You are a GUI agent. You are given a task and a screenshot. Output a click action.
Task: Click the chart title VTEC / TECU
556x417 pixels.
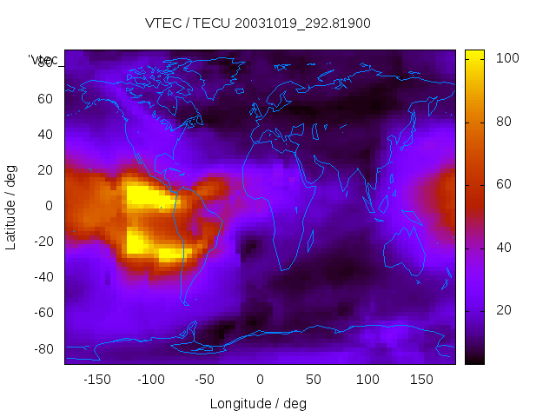[x=257, y=23]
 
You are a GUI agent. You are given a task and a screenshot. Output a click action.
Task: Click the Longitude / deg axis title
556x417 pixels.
[x=258, y=403]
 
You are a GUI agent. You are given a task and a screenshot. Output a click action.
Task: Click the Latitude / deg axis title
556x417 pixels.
[x=11, y=206]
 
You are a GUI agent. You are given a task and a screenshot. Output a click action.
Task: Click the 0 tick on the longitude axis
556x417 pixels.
[x=259, y=380]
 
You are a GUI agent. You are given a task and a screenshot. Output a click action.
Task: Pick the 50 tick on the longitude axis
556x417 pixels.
[x=313, y=380]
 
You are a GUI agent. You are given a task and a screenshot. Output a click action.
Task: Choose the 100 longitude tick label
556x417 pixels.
[x=367, y=380]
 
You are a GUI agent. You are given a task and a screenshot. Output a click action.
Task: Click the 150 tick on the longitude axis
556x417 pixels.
[x=421, y=380]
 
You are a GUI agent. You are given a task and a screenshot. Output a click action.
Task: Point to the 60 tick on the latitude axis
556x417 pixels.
[x=44, y=98]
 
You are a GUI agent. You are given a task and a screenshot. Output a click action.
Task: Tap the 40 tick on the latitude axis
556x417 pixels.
[x=44, y=134]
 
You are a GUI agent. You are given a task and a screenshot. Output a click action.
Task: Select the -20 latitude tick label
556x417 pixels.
[x=42, y=242]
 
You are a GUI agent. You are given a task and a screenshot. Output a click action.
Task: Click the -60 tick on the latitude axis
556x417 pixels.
[x=42, y=313]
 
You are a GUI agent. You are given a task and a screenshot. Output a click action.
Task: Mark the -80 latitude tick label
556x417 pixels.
[x=42, y=348]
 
